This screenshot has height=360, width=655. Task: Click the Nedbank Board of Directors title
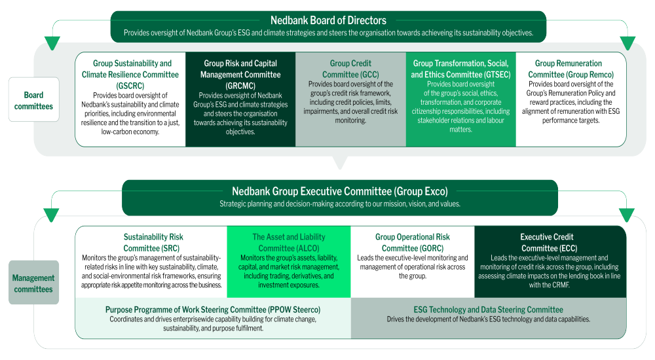coord(328,20)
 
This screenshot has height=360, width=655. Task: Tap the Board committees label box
coord(34,99)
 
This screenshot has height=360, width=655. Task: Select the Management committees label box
coord(34,282)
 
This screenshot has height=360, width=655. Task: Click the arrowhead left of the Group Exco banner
coord(51,215)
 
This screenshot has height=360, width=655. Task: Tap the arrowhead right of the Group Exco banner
coord(627,215)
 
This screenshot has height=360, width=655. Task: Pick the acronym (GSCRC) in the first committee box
coord(130,86)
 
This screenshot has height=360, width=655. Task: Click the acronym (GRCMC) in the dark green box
coord(240,86)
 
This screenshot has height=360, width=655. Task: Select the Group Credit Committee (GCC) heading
coord(350,69)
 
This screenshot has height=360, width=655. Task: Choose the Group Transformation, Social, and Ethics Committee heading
coord(460,69)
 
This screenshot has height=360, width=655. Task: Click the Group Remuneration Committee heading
coord(571,69)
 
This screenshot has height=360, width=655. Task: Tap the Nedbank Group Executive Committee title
coord(339,191)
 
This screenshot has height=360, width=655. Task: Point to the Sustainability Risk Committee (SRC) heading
coord(153,242)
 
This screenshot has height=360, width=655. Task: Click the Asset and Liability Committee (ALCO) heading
coord(289,242)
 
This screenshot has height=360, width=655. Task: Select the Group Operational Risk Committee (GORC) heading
coord(412,242)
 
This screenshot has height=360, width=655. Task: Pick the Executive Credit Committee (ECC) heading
coord(547,242)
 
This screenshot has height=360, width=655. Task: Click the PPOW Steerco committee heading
coord(213,310)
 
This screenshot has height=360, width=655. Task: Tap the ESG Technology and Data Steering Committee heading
coord(489,310)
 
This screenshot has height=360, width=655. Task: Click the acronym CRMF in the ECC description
coord(560,285)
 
